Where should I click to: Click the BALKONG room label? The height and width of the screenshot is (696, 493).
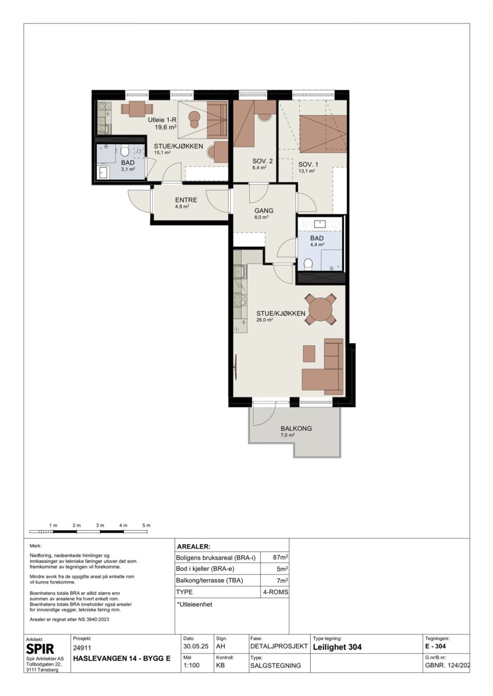coord(296,428)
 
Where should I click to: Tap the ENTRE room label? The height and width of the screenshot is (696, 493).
coord(186,200)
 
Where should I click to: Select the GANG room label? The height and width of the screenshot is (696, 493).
coord(263,210)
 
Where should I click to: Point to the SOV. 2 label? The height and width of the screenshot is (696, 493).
coord(263,161)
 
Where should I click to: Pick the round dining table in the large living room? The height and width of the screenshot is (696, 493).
coord(321,309)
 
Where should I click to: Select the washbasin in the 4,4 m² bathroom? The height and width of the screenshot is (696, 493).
coord(319,223)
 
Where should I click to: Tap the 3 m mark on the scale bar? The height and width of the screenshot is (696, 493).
coord(100,525)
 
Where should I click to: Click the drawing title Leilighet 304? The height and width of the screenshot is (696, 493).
coord(337,647)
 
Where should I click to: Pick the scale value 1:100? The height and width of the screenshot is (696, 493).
coord(192,665)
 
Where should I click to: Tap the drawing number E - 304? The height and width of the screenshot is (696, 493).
coord(435,647)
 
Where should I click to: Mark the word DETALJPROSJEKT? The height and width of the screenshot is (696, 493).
coord(279,647)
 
